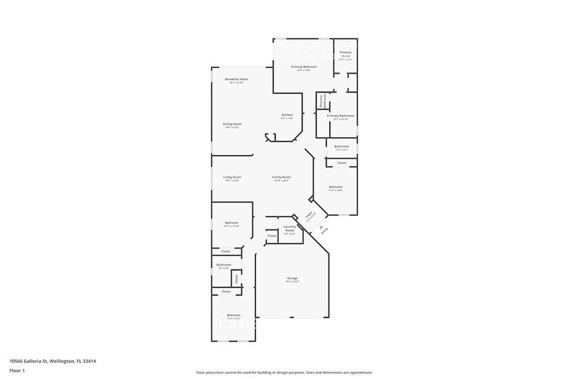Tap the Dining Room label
pos(232,124)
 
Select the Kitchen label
pos(287,115)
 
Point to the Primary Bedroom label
pos(303,67)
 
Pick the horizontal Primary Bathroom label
pos(341,116)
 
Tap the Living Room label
pos(232,178)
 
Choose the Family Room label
pos(281,178)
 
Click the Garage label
pos(292,279)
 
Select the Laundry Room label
pos(290,228)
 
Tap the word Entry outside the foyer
pos(324,229)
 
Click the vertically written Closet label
pos(236,278)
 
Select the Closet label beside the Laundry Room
pos(272,236)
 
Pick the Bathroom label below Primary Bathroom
pos(341,147)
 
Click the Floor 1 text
pos(17,370)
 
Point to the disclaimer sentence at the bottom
pos(284,372)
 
